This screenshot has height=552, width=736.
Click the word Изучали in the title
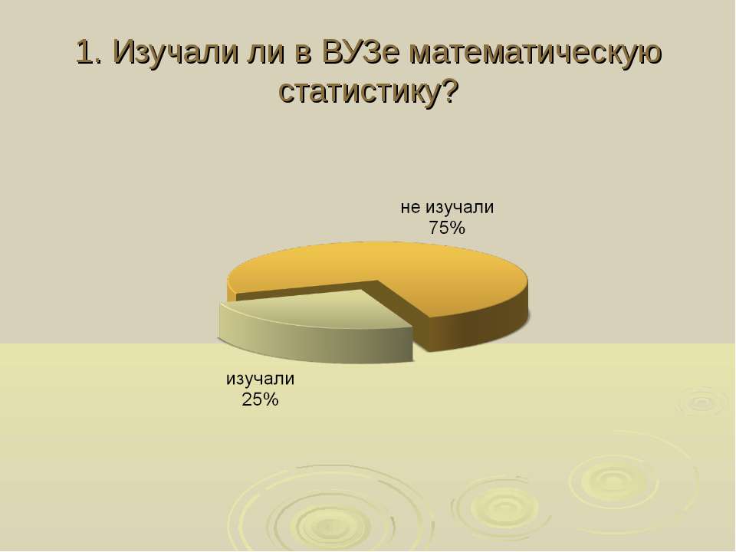(x=176, y=52)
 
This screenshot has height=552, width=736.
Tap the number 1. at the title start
(x=90, y=51)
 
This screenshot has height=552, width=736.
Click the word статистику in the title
(x=360, y=92)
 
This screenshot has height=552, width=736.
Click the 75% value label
(x=446, y=228)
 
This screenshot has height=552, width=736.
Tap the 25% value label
(x=260, y=399)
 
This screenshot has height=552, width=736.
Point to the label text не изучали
(x=447, y=207)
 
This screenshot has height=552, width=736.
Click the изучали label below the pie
(x=260, y=378)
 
